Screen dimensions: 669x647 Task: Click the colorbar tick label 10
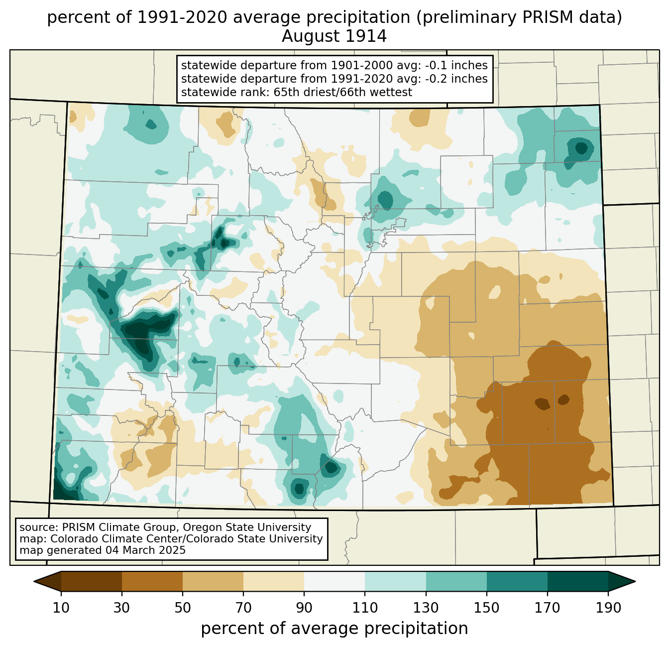(x=61, y=608)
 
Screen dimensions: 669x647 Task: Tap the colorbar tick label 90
(x=304, y=608)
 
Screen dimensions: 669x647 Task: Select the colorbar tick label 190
(x=608, y=608)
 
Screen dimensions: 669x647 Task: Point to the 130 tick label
(x=426, y=608)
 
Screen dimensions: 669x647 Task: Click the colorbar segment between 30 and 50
(x=152, y=581)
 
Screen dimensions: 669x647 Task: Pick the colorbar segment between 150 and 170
(x=517, y=581)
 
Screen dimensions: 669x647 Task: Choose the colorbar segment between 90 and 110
(x=334, y=581)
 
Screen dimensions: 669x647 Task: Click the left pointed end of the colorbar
(x=34, y=581)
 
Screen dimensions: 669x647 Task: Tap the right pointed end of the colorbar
(x=635, y=581)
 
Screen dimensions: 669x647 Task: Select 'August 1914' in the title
(x=334, y=36)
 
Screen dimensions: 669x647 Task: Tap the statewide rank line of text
(x=296, y=92)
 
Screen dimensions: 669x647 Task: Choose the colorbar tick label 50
(x=182, y=608)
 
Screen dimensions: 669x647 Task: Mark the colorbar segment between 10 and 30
(x=92, y=581)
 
